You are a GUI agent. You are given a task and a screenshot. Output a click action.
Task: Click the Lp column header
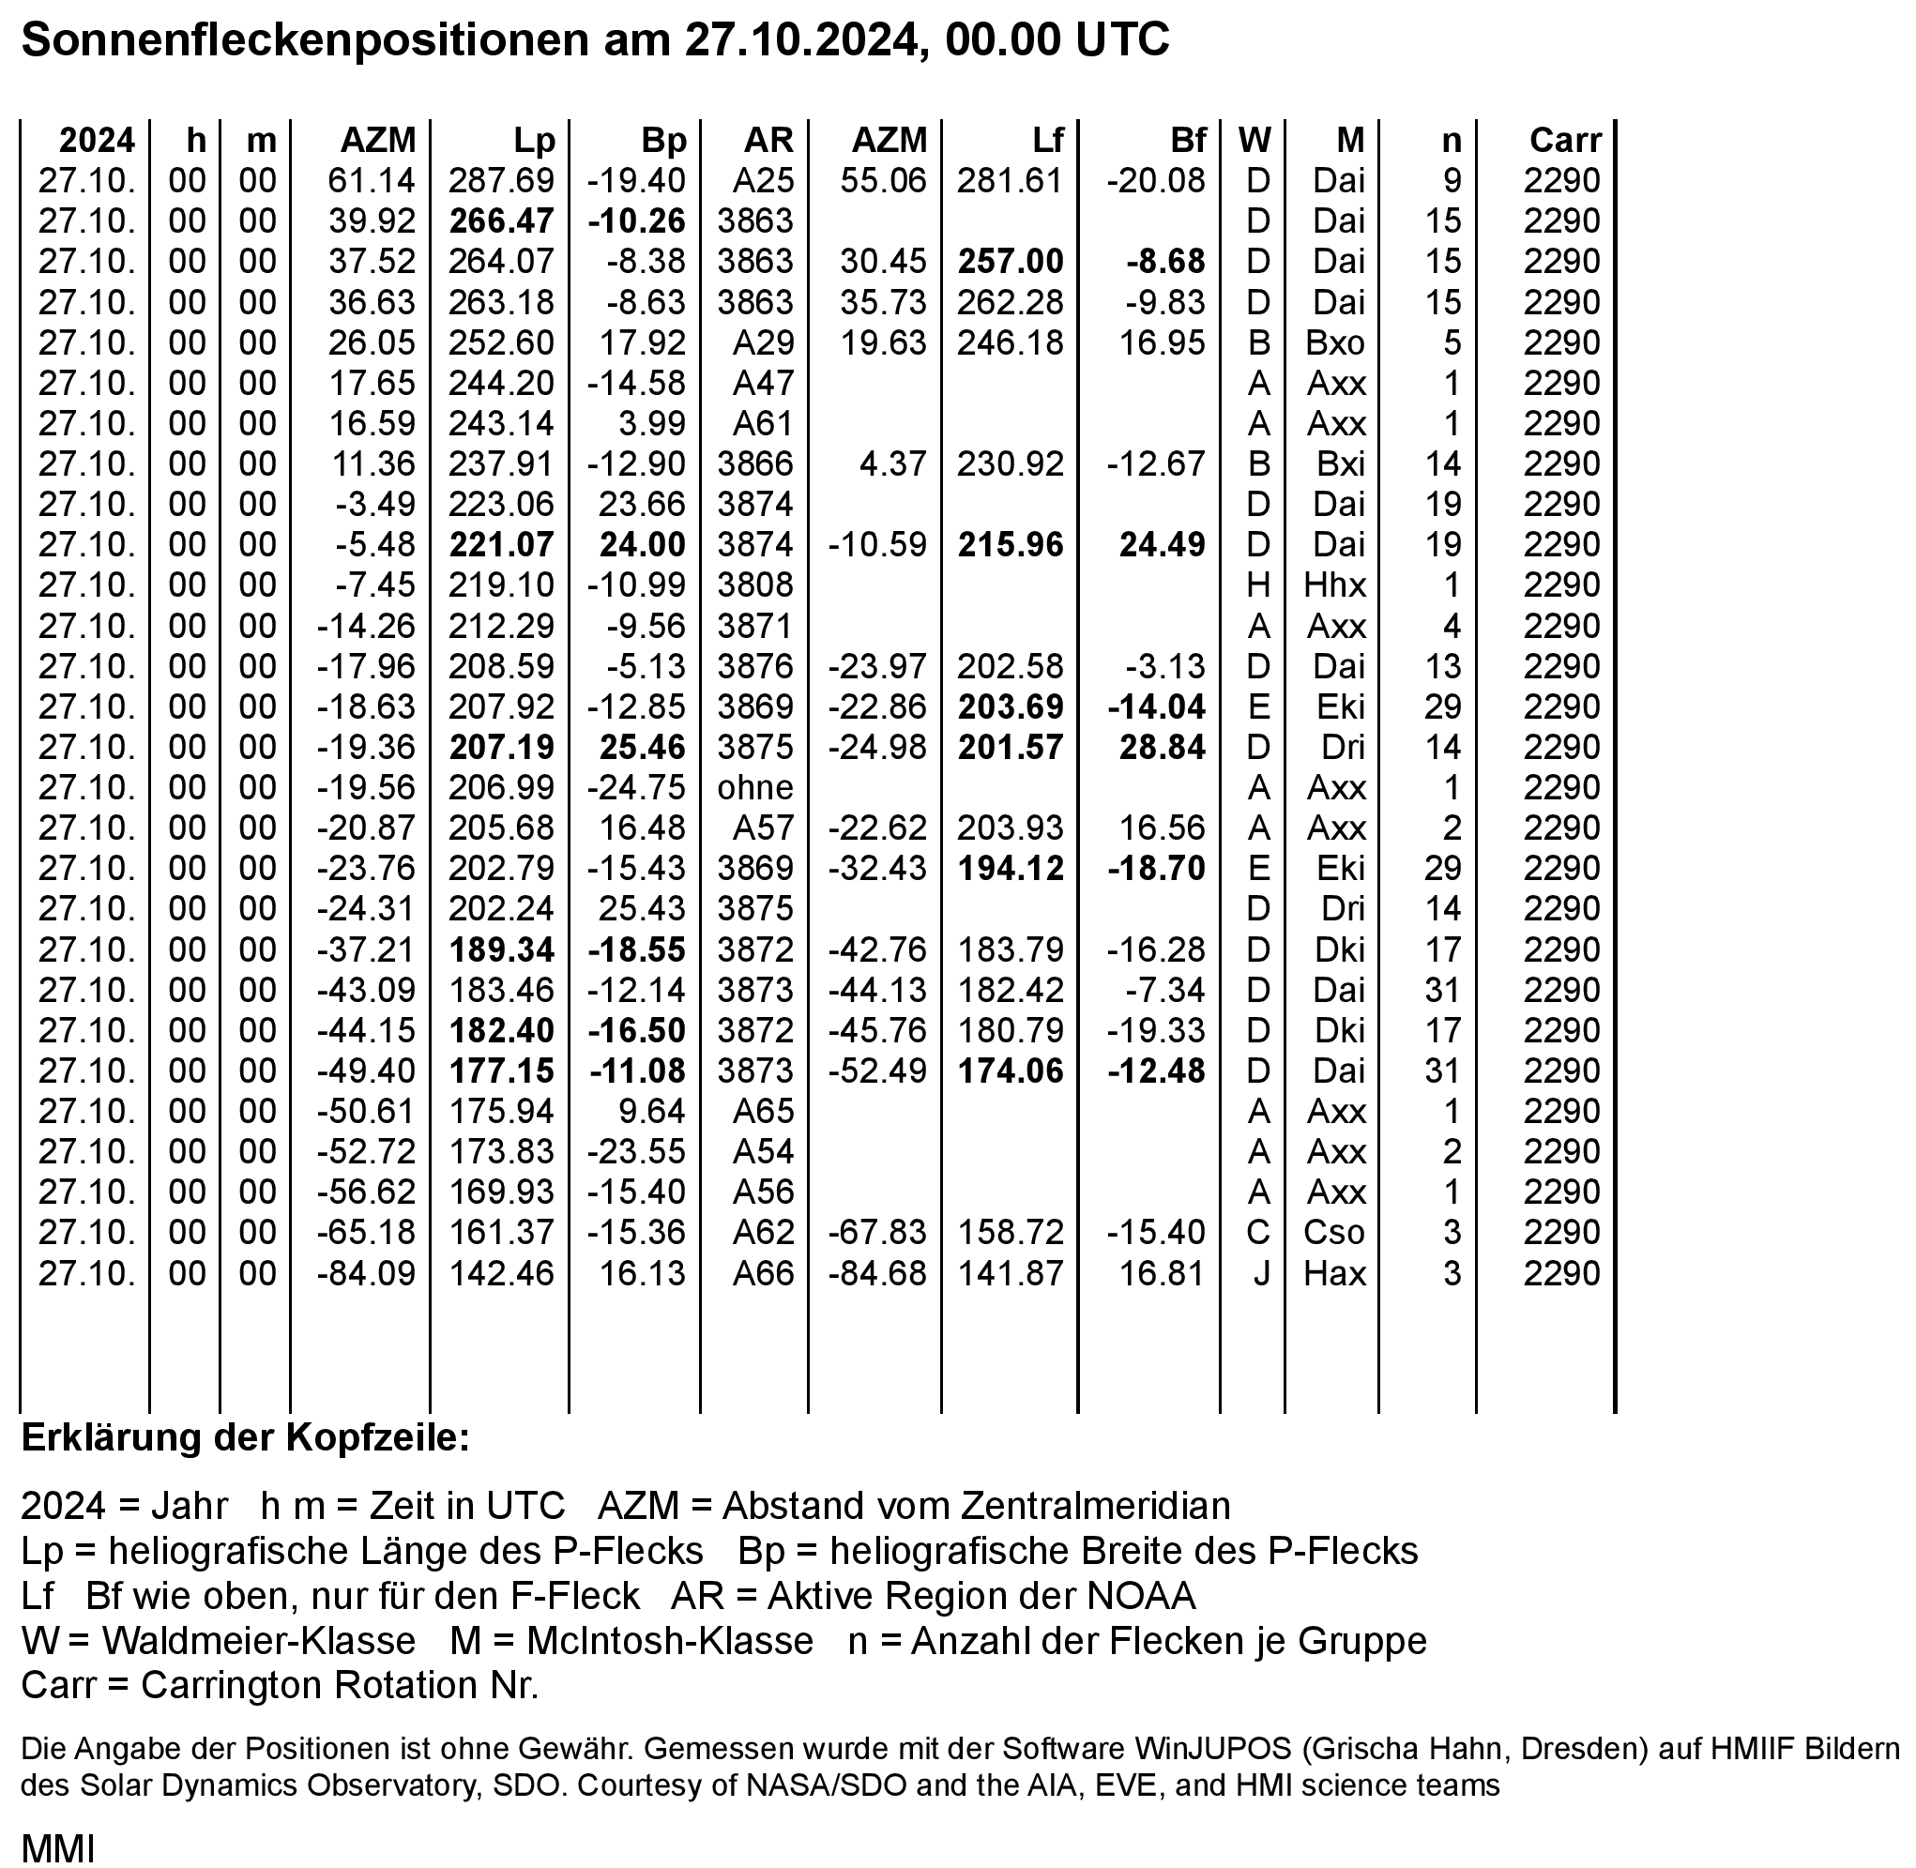(x=534, y=141)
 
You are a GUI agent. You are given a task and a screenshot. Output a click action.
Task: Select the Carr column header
(x=1564, y=141)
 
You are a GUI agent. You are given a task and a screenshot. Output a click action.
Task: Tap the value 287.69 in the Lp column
(x=501, y=180)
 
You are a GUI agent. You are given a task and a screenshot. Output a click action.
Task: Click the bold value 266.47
(x=501, y=220)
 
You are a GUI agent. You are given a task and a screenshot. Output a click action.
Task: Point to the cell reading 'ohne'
(x=754, y=787)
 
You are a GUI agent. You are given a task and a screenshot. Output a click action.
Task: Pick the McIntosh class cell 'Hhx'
(x=1334, y=585)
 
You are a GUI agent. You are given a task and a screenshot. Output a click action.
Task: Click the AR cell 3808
(x=754, y=585)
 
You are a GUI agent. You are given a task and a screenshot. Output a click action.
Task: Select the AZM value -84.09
(x=366, y=1272)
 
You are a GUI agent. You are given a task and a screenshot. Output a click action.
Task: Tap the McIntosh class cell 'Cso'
(x=1334, y=1232)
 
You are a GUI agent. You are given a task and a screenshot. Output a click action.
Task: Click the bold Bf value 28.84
(x=1162, y=747)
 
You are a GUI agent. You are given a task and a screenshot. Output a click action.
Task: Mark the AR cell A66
(x=762, y=1272)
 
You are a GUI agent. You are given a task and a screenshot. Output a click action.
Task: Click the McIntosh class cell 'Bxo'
(x=1334, y=342)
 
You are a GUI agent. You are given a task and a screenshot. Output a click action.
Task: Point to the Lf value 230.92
(x=1011, y=463)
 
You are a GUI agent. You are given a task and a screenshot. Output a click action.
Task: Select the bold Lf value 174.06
(x=1011, y=1071)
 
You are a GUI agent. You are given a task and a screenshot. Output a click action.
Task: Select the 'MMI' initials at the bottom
(x=58, y=1849)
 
